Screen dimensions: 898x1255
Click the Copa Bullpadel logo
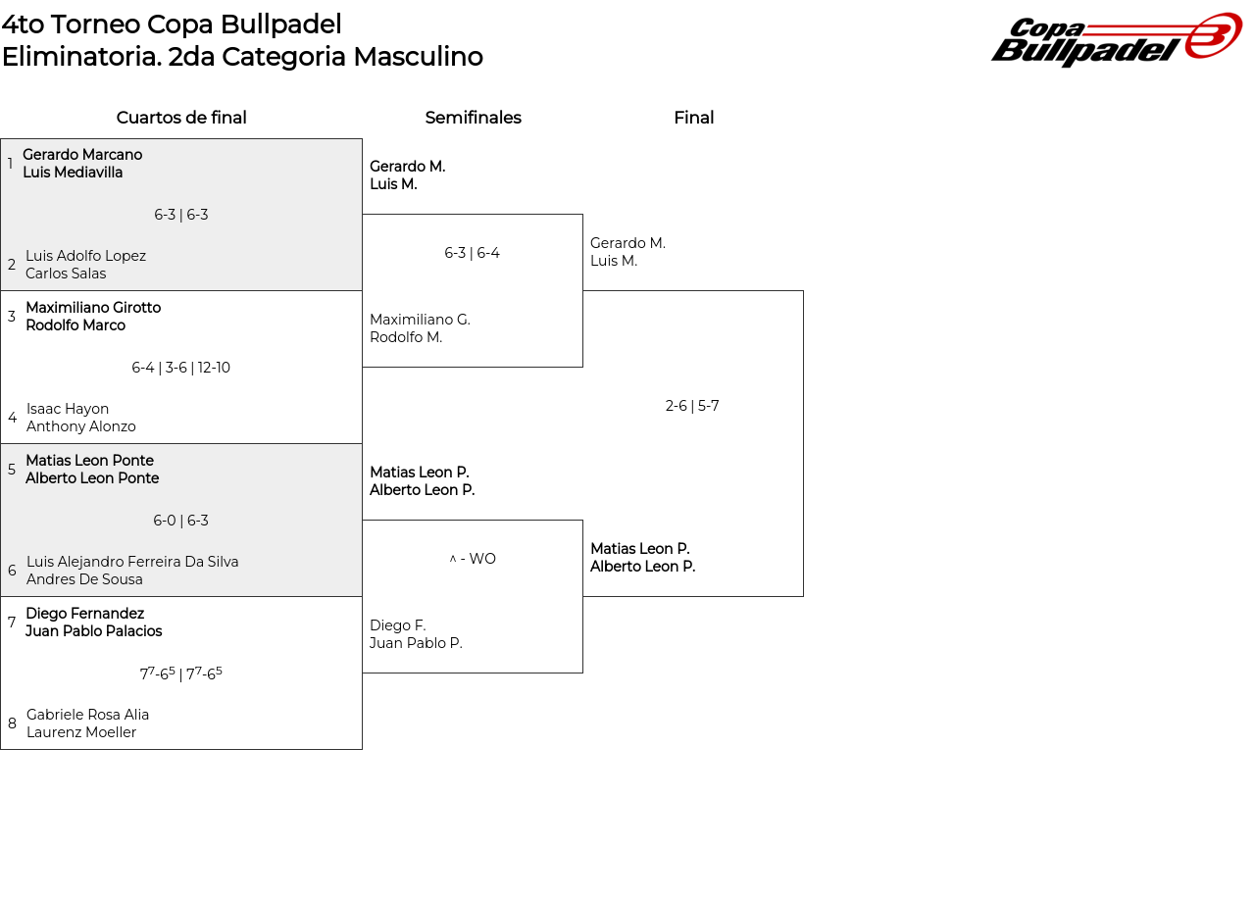click(1116, 40)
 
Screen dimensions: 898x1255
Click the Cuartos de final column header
click(181, 118)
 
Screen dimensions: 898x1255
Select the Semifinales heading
click(473, 118)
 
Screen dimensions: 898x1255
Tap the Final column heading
click(693, 118)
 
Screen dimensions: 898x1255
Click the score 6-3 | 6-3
click(181, 215)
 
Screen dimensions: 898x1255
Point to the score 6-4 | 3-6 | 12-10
click(181, 368)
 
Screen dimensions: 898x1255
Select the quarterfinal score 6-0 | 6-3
click(181, 521)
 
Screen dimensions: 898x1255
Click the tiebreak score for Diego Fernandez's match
click(181, 673)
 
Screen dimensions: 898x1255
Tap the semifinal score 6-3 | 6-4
click(472, 253)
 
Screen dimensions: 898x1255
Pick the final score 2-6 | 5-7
click(692, 406)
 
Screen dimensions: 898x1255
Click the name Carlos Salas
click(66, 274)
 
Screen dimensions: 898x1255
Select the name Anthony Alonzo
click(81, 426)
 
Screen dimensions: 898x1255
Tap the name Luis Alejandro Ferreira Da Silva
click(132, 562)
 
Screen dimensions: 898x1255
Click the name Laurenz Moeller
click(81, 732)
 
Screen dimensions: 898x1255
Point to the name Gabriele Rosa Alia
click(87, 715)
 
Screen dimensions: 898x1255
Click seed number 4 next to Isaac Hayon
click(12, 418)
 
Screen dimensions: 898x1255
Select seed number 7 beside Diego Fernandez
click(12, 623)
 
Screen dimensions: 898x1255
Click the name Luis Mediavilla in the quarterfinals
click(73, 173)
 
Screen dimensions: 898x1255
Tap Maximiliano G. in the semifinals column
click(420, 320)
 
